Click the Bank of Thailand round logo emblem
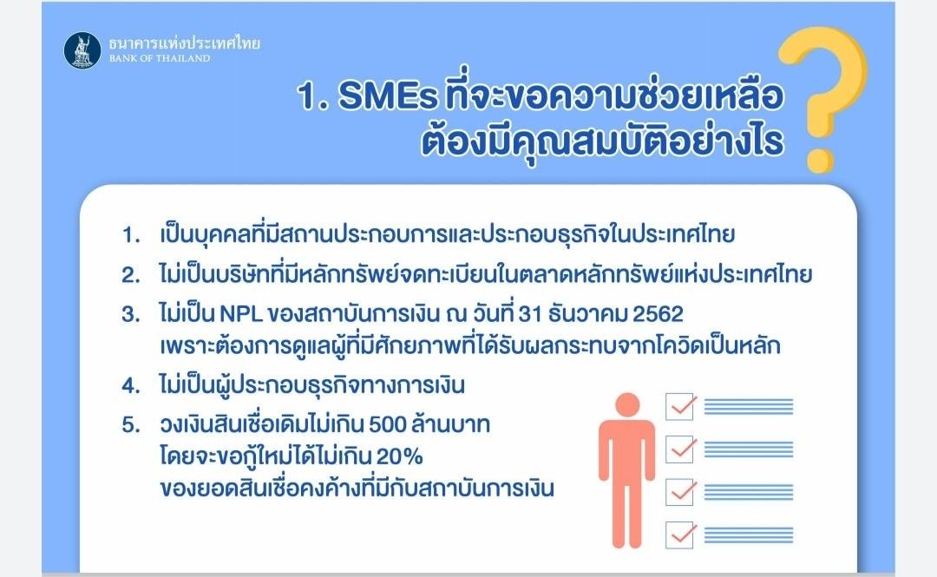point(82,50)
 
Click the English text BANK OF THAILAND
point(160,59)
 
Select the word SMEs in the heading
point(389,95)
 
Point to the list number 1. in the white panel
point(131,234)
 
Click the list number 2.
point(131,275)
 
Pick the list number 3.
point(131,314)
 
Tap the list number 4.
point(131,385)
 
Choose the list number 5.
point(131,424)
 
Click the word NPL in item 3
point(241,314)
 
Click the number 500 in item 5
point(388,424)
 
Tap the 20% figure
point(399,456)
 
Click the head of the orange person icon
point(627,405)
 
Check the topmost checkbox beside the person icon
point(680,407)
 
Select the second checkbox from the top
point(680,449)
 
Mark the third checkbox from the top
point(680,492)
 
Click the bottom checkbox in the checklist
point(680,535)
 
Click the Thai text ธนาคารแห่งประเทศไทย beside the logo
point(185,43)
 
